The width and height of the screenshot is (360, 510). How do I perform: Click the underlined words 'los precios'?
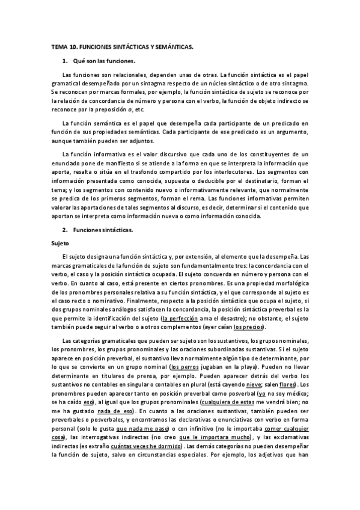pyautogui.click(x=247, y=327)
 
